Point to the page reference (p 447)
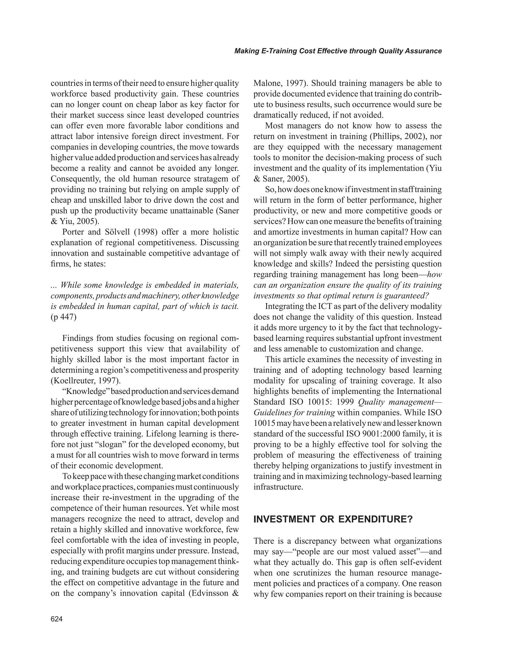pyautogui.click(x=64, y=317)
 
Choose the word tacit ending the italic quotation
pyautogui.click(x=230, y=307)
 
